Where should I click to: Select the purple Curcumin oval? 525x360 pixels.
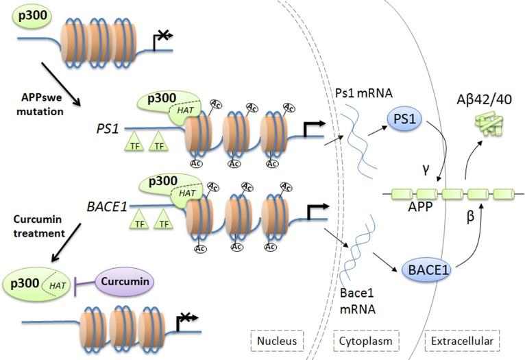point(122,281)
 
